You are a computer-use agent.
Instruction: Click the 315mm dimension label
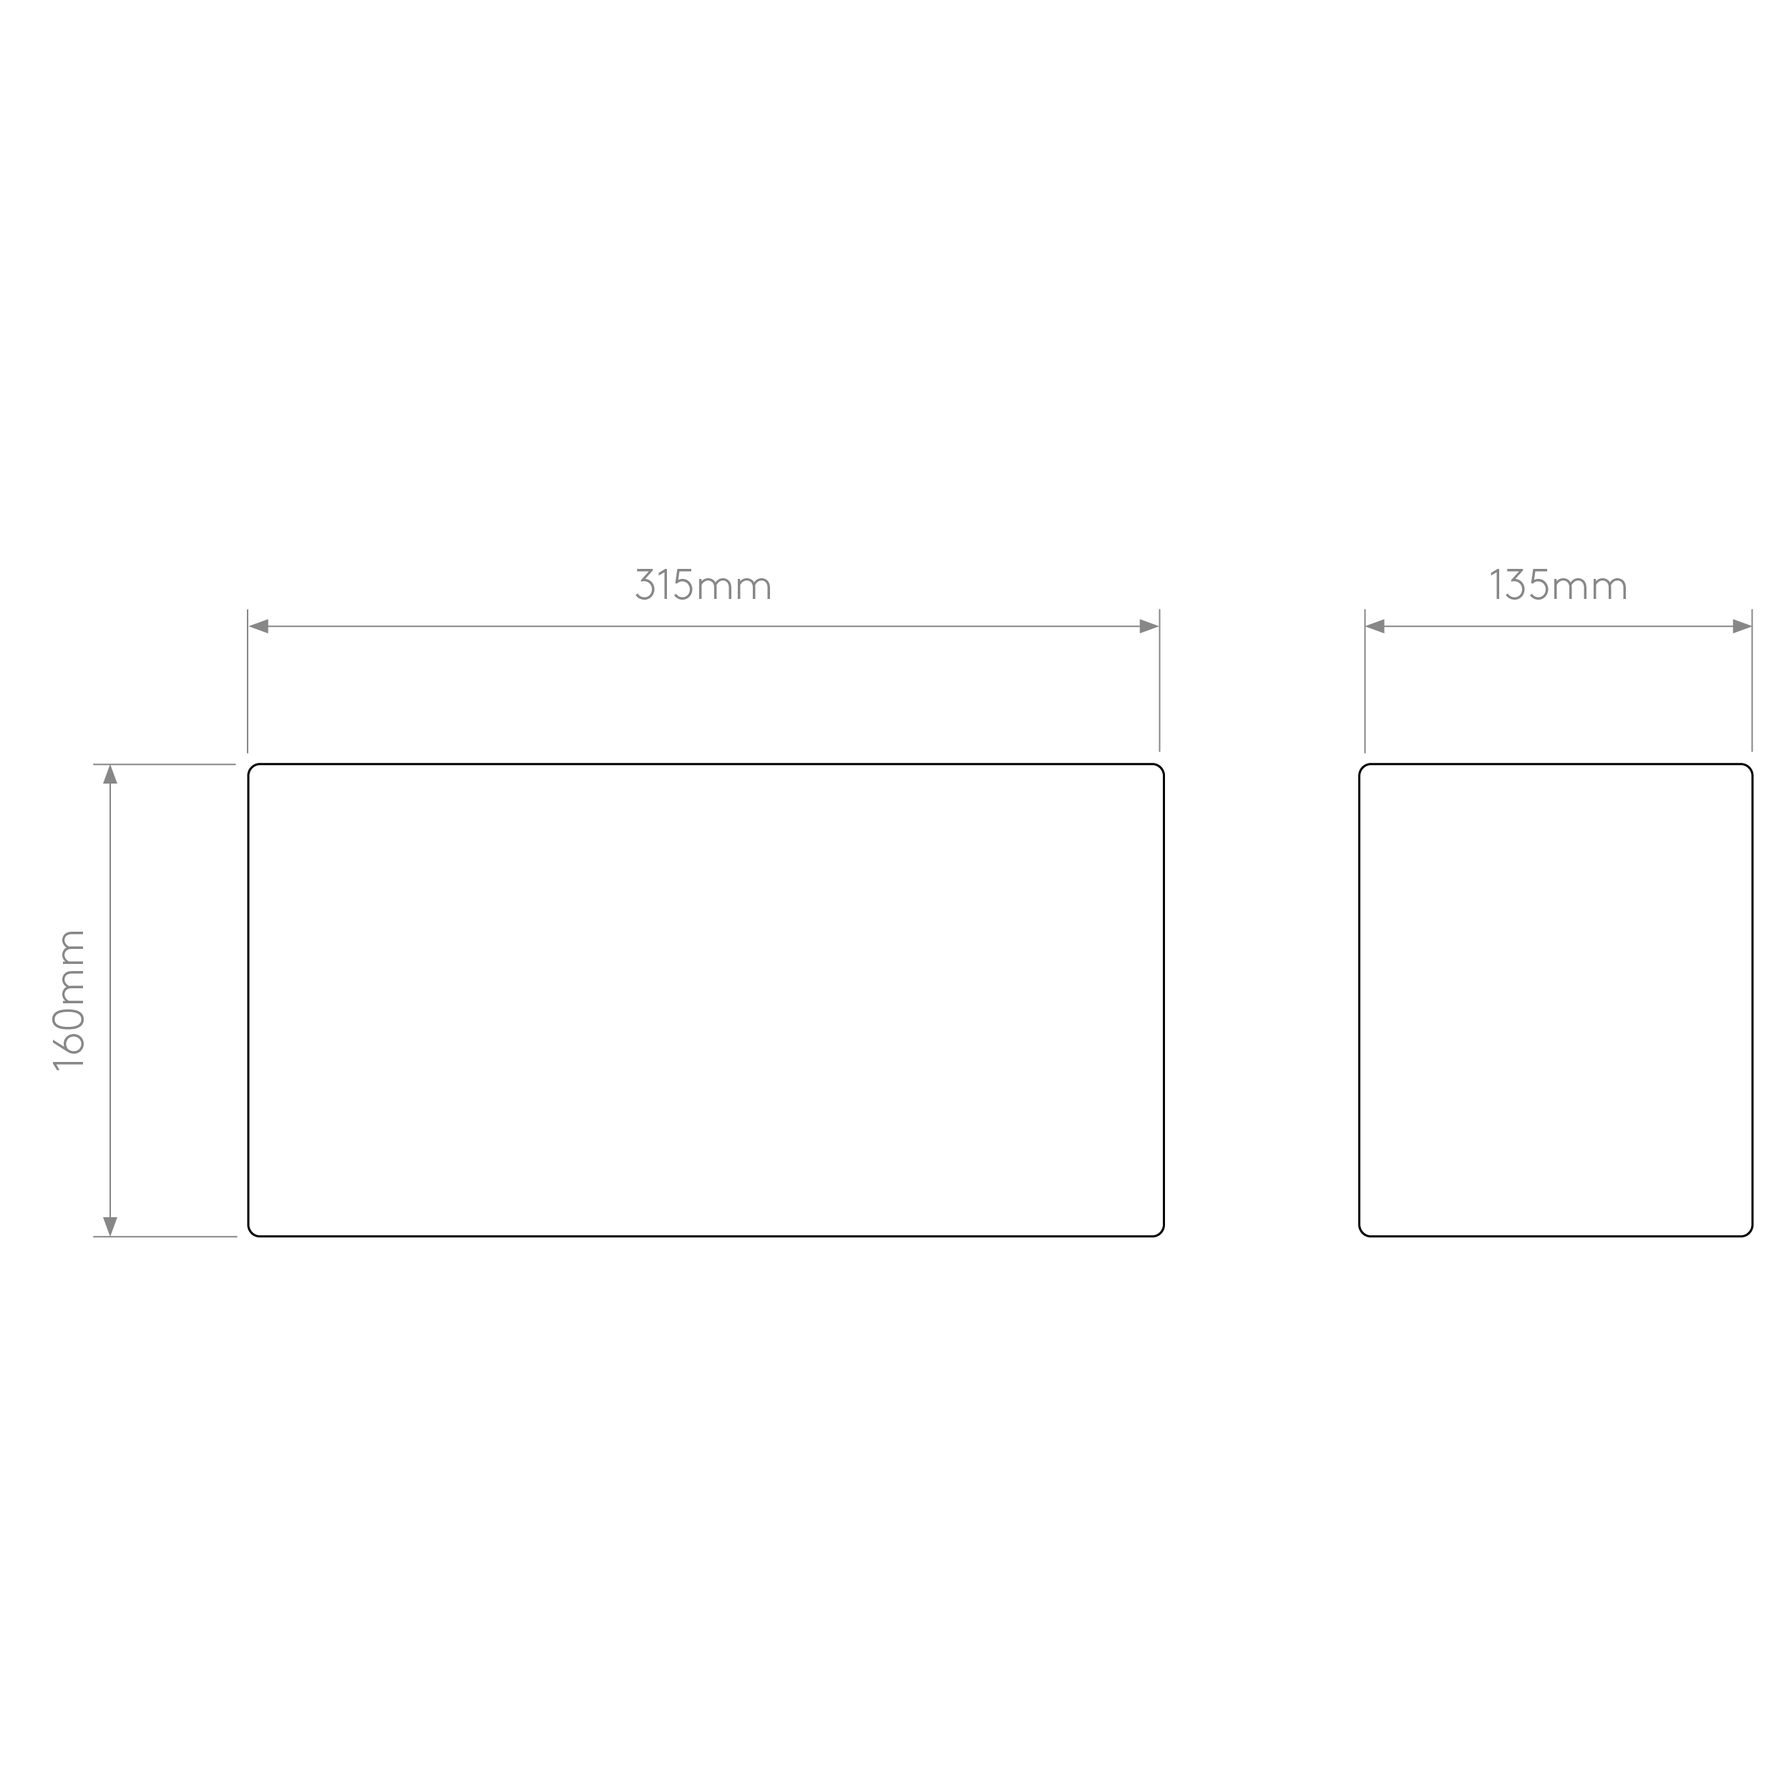703,585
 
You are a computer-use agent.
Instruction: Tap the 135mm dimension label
1558,585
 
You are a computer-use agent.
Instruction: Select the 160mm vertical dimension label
69,1000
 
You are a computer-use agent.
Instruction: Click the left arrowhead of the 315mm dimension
258,626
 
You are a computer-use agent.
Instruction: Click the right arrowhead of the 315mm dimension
1149,626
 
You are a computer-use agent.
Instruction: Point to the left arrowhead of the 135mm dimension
1375,626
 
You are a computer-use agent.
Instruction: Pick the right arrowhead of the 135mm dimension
1742,626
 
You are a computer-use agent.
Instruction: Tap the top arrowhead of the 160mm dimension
110,774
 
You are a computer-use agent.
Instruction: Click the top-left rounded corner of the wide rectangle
252,768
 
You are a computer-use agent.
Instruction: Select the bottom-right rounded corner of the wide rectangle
1160,1232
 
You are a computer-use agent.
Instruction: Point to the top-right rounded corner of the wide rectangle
1160,768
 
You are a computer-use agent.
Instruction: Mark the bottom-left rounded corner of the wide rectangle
252,1232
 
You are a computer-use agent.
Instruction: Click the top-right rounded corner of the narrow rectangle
1748,768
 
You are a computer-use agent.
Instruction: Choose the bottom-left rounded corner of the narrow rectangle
1363,1232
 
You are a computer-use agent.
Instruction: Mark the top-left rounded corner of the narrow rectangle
1363,768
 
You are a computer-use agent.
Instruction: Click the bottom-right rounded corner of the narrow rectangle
1748,1232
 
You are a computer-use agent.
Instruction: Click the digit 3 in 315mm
645,585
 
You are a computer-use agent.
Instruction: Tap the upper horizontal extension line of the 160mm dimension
164,764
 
